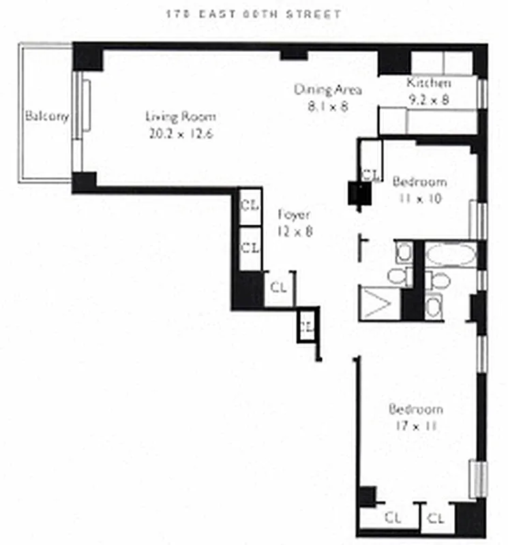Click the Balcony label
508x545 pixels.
coord(47,116)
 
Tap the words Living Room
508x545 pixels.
coord(181,116)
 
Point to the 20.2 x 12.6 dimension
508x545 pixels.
coord(181,134)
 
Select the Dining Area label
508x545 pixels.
coord(327,90)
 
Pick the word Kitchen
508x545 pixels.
coord(429,84)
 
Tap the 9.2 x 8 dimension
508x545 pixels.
coord(429,99)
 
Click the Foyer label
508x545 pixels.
coord(295,215)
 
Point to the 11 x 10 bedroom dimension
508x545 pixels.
coord(419,199)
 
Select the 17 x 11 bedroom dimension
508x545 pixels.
coord(416,427)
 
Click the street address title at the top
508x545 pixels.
coord(253,14)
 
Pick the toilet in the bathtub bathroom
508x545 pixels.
coord(440,281)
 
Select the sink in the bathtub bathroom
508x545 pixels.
coord(434,307)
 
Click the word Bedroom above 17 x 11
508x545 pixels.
coord(416,409)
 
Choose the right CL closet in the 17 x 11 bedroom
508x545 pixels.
coord(436,518)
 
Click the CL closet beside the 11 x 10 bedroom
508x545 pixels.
coord(370,174)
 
